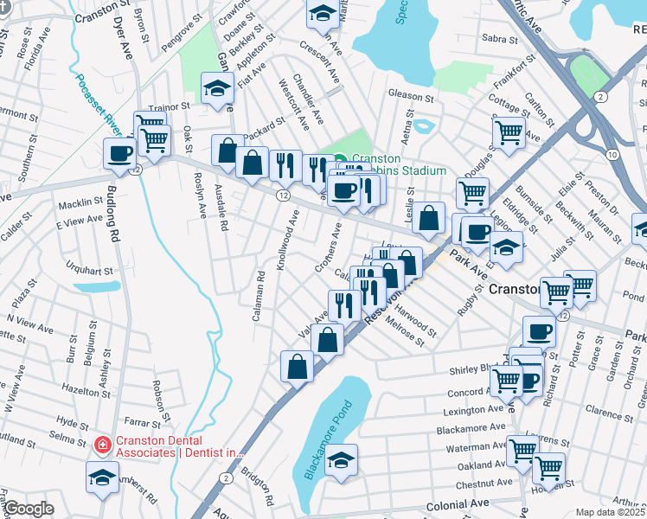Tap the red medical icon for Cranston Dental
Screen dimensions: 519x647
pos(102,445)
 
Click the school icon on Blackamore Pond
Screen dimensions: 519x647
pos(343,458)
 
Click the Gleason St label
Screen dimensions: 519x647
pos(410,96)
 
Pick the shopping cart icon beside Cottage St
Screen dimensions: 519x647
pos(509,132)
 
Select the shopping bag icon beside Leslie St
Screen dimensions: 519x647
pos(429,218)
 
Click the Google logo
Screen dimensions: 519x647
pos(29,509)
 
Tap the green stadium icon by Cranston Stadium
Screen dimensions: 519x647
pos(342,159)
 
